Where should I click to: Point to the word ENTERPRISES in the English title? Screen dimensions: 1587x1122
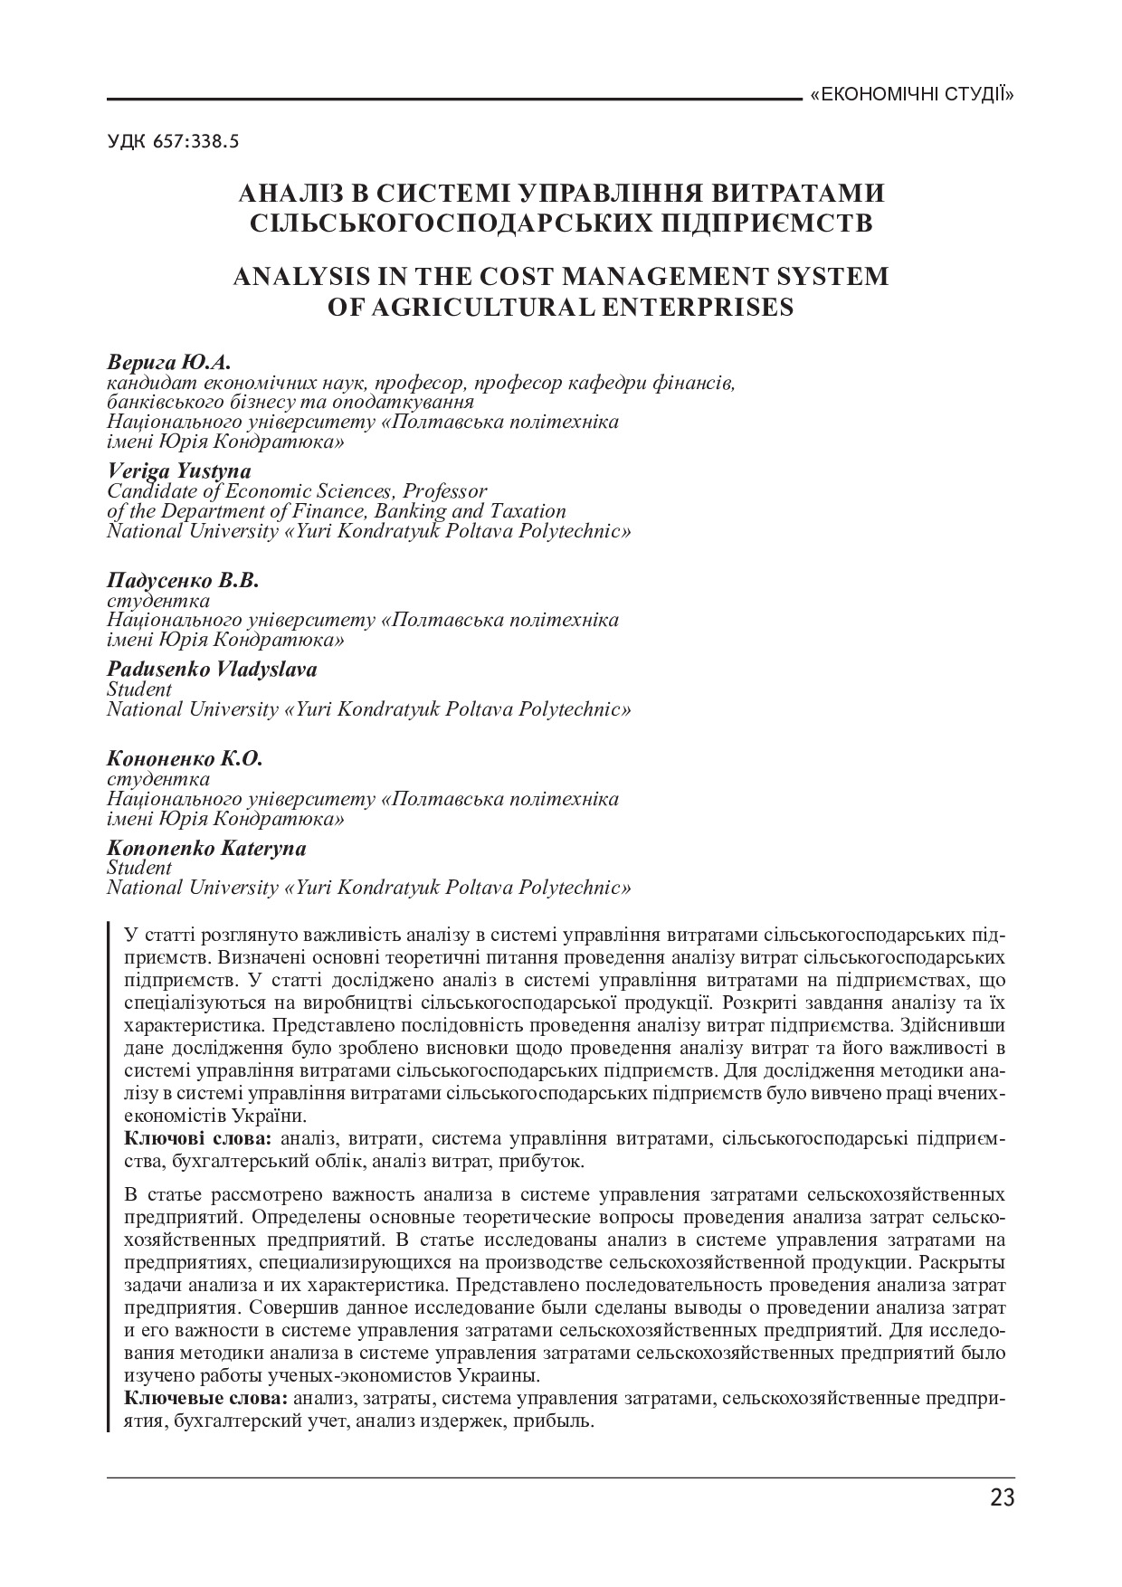coord(697,308)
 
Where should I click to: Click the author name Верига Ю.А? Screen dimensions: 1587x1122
coord(169,363)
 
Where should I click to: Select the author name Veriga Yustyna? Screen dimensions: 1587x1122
coord(179,470)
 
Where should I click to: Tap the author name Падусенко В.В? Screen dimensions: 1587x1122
coord(183,580)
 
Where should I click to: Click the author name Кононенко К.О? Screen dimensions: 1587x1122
coord(185,758)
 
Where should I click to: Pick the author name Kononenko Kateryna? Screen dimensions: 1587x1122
coord(206,848)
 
